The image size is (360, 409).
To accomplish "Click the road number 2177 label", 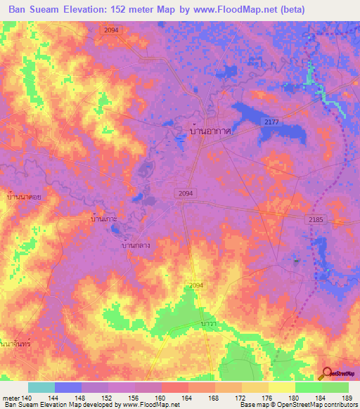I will (x=272, y=123).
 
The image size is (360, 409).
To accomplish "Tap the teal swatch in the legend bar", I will (x=41, y=387).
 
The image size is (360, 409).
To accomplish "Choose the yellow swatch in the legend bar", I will (x=282, y=387).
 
